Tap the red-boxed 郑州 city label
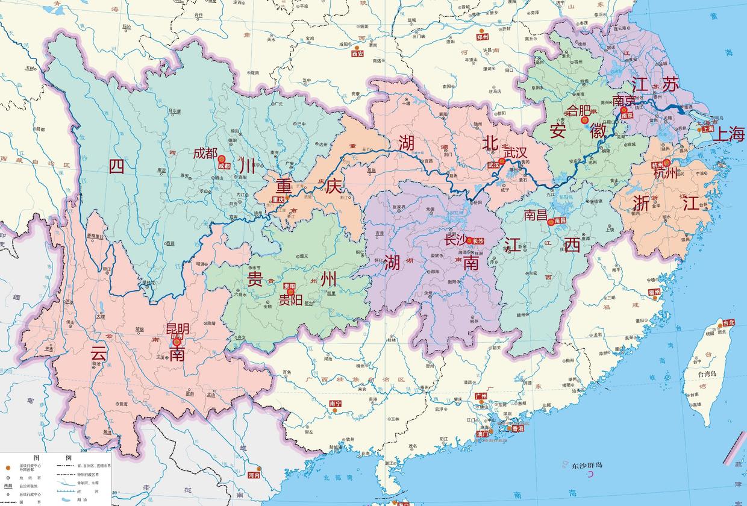click(482, 37)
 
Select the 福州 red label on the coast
click(654, 292)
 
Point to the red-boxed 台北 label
click(729, 323)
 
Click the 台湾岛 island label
click(708, 374)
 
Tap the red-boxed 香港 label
click(517, 428)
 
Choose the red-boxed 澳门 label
click(482, 434)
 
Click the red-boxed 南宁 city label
click(336, 404)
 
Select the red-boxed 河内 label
click(254, 475)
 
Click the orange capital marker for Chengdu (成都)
click(221, 158)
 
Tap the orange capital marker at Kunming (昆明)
click(177, 342)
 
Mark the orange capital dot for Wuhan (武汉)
click(502, 161)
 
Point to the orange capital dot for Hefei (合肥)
click(584, 120)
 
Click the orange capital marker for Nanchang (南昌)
click(550, 222)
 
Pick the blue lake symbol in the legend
click(65, 499)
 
